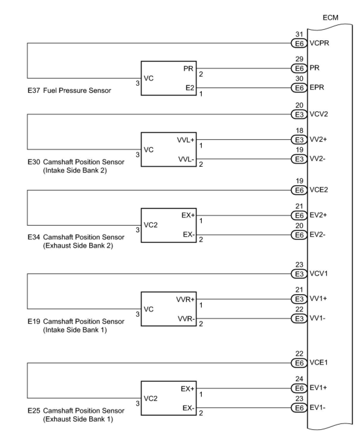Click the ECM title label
(330, 18)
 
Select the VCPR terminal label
(319, 43)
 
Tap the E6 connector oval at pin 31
(299, 43)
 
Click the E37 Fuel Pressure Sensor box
(168, 78)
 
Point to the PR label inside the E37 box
(188, 68)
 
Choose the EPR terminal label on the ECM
(317, 88)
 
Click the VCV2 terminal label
(318, 114)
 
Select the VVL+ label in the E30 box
(186, 140)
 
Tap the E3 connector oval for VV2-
(299, 159)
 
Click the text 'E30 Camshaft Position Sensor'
(76, 162)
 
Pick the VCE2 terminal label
(318, 190)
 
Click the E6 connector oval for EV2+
(299, 215)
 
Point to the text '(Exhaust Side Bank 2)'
(78, 246)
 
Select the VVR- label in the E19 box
(186, 319)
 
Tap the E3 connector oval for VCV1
(299, 274)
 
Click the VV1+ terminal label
(318, 299)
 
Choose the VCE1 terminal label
(318, 363)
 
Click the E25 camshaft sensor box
(168, 398)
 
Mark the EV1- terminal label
(317, 408)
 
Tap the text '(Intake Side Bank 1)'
(75, 330)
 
